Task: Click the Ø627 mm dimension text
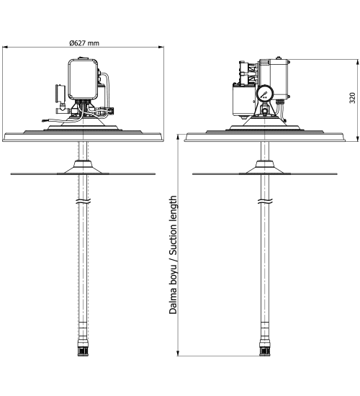84,43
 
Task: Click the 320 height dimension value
352,98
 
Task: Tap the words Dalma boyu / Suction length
173,255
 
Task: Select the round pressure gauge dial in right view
265,94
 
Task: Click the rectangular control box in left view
83,79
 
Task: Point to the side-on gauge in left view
60,94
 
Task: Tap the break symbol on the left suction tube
83,202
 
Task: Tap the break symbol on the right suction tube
265,202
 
